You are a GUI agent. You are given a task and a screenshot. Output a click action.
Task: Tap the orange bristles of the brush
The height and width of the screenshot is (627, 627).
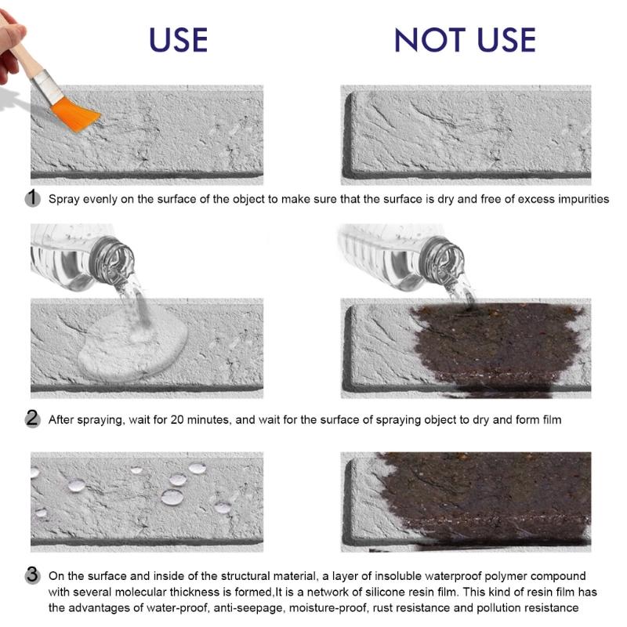point(76,114)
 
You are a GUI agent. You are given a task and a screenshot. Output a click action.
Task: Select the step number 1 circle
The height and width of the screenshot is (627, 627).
point(32,198)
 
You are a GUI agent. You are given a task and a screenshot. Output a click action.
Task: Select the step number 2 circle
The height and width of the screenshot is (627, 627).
point(32,419)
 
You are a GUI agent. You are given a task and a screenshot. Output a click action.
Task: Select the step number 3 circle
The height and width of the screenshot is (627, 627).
point(32,574)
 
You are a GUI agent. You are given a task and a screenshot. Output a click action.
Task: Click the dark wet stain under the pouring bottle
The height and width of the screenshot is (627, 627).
point(494,345)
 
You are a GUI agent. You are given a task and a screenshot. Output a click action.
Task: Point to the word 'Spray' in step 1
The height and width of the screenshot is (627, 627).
point(65,199)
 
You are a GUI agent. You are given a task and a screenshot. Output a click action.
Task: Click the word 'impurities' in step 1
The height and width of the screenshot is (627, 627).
point(579,199)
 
